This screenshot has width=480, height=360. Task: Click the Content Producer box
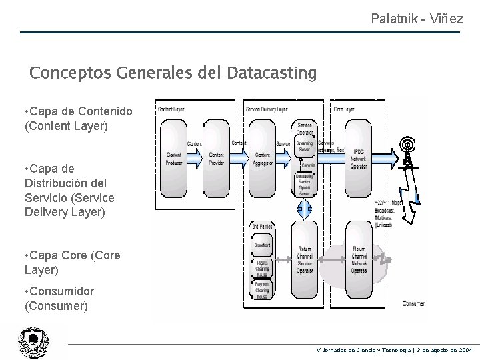point(173,159)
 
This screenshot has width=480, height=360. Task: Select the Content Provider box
point(216,159)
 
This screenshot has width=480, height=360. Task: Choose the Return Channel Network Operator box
point(359,261)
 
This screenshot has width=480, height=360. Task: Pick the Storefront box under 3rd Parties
point(262,246)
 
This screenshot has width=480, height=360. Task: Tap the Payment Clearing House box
point(262,290)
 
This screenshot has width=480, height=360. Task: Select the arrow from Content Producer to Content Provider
point(194,155)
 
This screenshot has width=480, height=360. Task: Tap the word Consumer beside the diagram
point(413,303)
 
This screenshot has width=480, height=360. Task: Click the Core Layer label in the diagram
point(345,109)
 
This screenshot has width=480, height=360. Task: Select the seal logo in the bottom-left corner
point(33,342)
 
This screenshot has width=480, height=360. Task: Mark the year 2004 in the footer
point(465,349)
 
